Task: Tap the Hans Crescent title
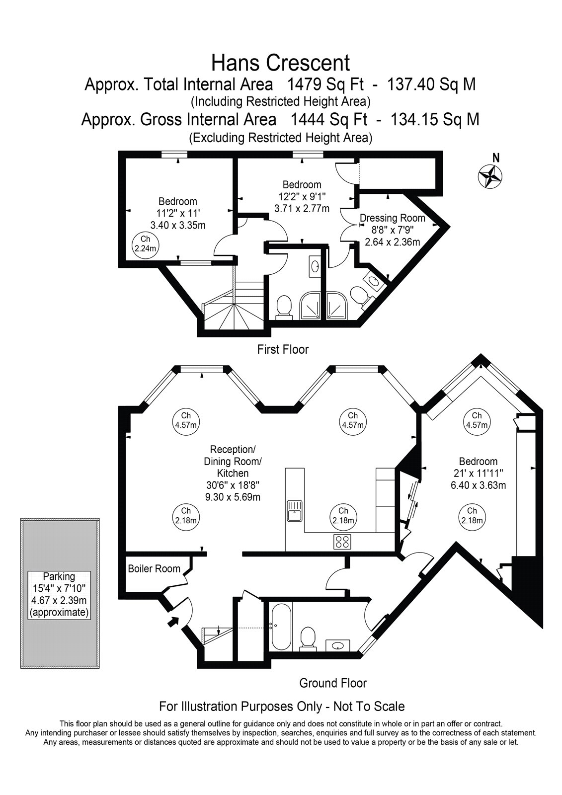[280, 63]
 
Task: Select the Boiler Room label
[154, 568]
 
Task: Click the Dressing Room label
[392, 218]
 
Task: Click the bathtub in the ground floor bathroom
[282, 627]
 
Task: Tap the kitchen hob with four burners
[342, 542]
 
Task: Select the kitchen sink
[295, 511]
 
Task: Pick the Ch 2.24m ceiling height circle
[145, 244]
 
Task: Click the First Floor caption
[283, 350]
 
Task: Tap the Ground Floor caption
[333, 683]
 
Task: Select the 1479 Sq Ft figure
[325, 85]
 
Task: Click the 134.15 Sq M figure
[435, 120]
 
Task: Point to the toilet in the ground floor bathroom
[308, 639]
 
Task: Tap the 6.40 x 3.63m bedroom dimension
[478, 485]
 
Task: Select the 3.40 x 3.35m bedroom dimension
[178, 226]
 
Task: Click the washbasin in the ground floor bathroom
[338, 644]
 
